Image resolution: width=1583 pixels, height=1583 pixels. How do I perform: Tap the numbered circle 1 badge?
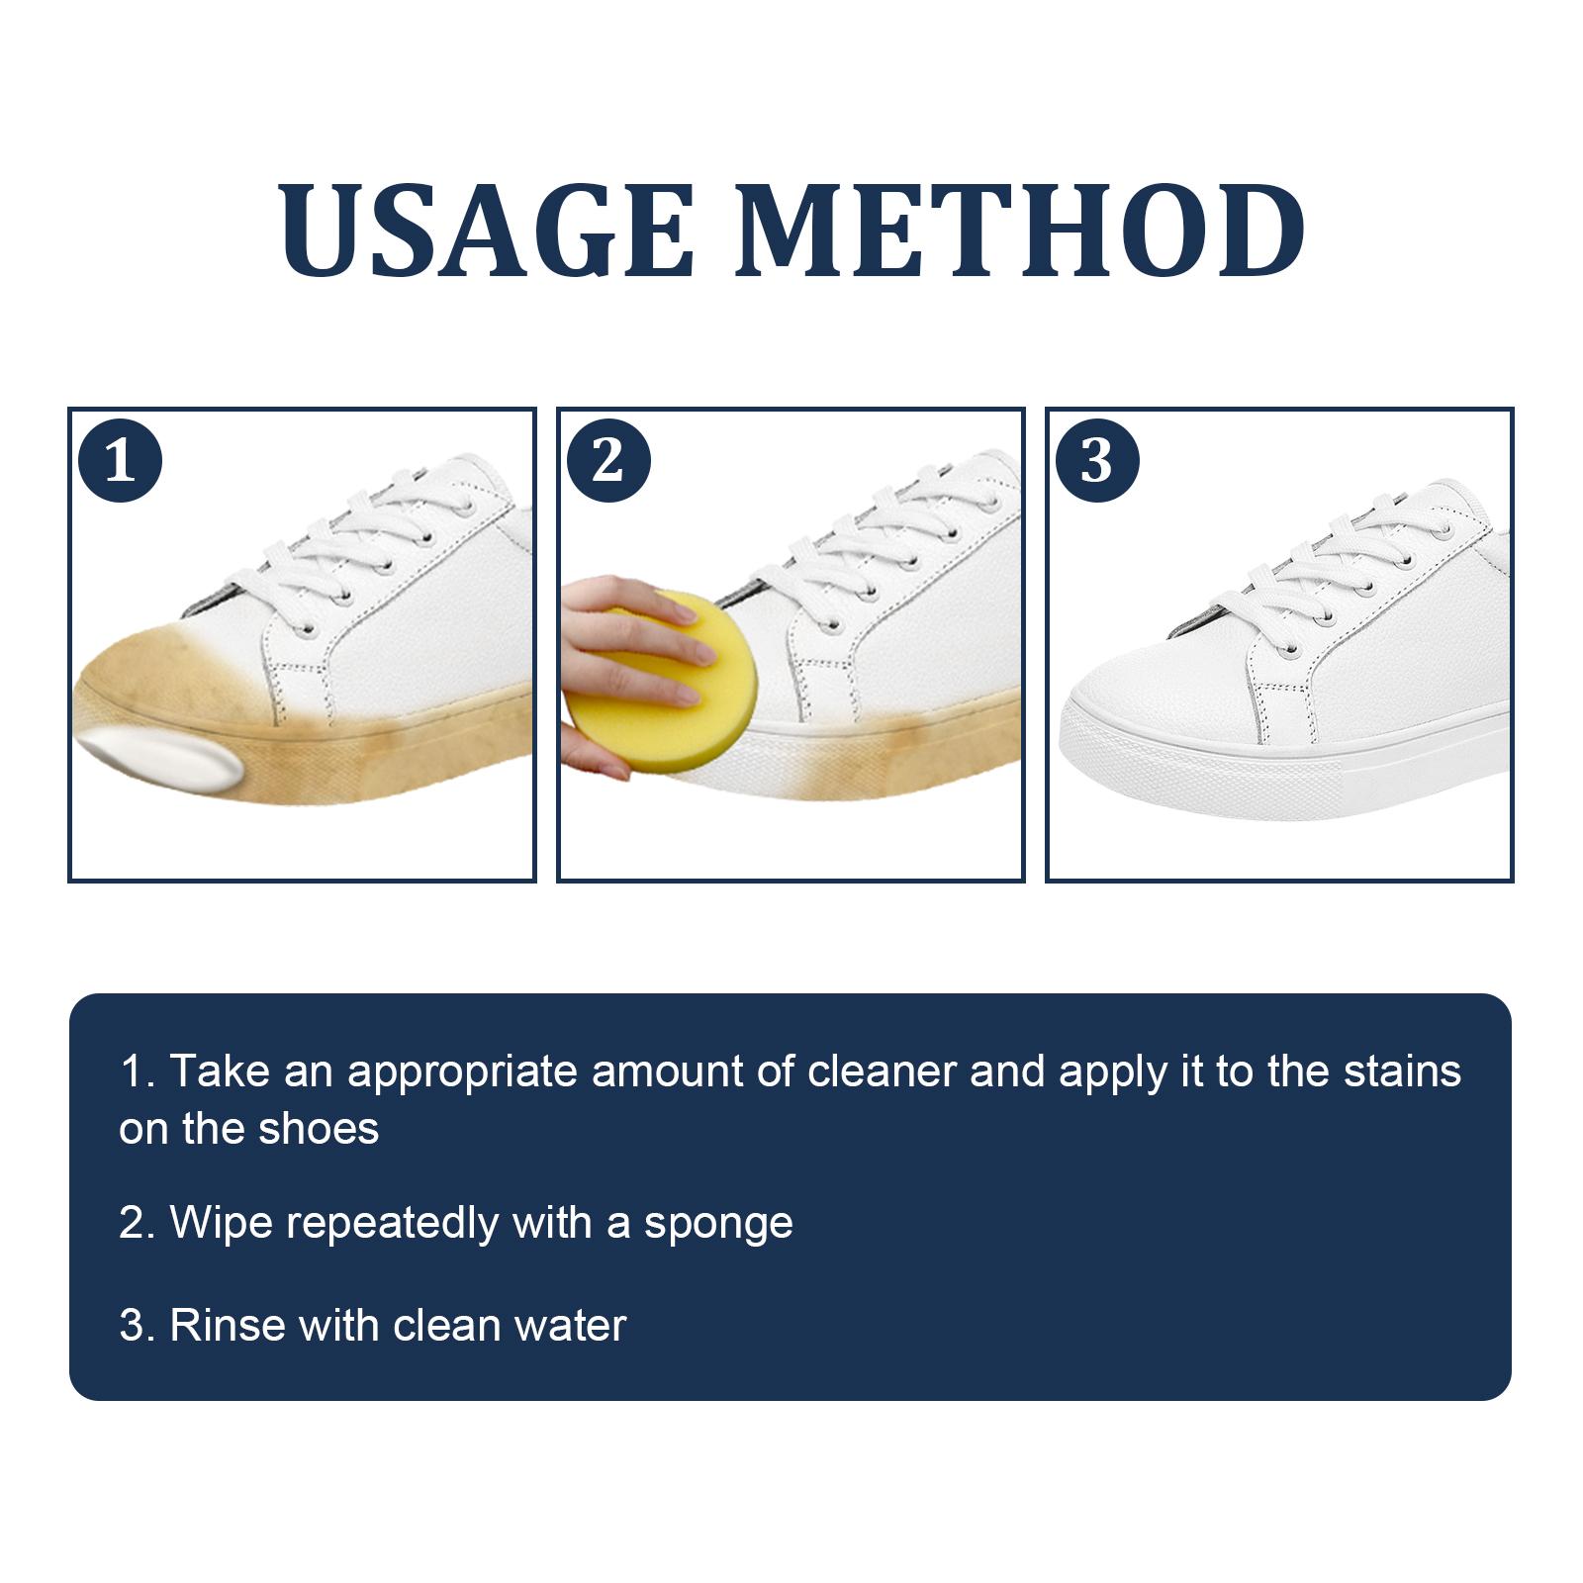click(120, 460)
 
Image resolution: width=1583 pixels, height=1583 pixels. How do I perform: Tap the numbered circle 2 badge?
click(608, 460)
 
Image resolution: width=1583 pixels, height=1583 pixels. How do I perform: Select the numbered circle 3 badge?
click(1097, 460)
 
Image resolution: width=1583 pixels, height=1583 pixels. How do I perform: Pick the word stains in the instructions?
click(1402, 1071)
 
